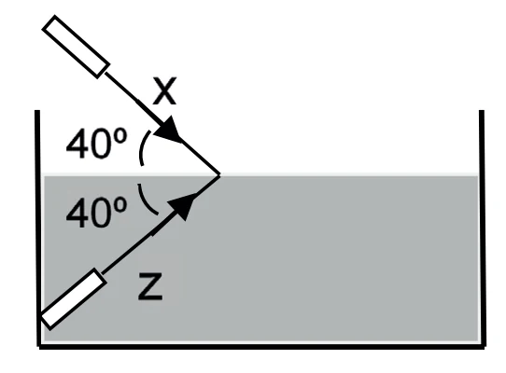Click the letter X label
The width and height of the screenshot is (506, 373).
point(164,90)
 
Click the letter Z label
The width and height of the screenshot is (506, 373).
point(150,286)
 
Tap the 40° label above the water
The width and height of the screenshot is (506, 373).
point(96,144)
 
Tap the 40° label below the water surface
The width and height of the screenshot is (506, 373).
point(96,213)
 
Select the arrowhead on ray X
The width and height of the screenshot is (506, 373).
point(169,130)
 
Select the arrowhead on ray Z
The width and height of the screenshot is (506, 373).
point(183,205)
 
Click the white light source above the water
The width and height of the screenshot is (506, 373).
point(77,47)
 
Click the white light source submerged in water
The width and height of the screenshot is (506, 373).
point(72,298)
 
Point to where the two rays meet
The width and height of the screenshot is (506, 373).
point(219,175)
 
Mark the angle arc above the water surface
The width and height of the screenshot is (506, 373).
point(141,148)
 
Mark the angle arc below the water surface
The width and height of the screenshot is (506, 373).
point(145,201)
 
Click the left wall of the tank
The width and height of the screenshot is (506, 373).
point(37,228)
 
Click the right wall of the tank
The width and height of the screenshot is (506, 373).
point(482,228)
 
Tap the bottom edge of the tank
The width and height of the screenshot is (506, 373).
point(261,346)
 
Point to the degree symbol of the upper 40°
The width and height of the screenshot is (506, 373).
point(120,137)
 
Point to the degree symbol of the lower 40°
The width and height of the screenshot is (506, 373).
point(120,206)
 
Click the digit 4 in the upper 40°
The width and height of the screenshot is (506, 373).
point(76,144)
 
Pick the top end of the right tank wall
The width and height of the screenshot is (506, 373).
point(482,111)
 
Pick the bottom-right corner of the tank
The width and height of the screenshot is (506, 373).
point(484,347)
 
